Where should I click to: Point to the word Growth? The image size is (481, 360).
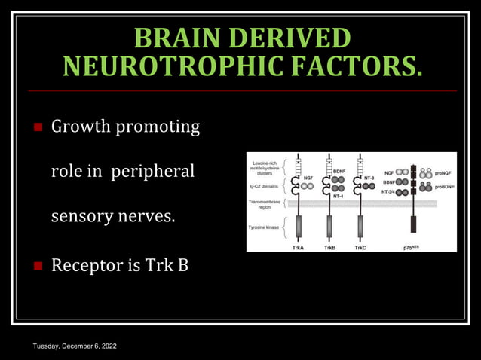pyautogui.click(x=81, y=127)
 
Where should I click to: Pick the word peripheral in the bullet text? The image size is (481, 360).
pyautogui.click(x=153, y=172)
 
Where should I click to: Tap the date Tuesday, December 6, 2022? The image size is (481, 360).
pyautogui.click(x=74, y=346)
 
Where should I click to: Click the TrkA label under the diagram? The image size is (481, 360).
pyautogui.click(x=299, y=247)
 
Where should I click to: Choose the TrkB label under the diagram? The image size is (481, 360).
pyautogui.click(x=329, y=247)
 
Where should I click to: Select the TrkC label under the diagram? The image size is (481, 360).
pyautogui.click(x=360, y=247)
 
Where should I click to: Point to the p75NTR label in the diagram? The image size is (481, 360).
pyautogui.click(x=413, y=247)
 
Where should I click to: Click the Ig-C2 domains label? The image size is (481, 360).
pyautogui.click(x=266, y=185)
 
